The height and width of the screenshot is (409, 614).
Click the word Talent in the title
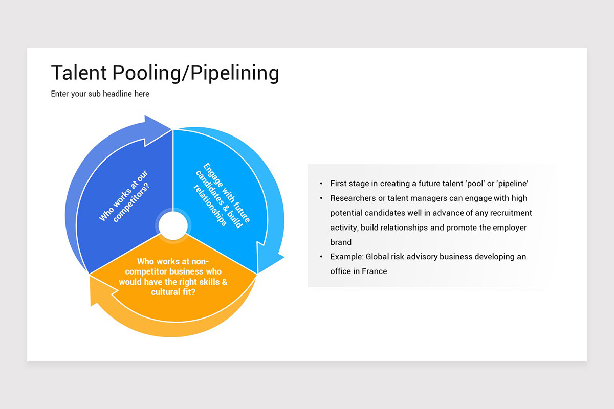pos(78,73)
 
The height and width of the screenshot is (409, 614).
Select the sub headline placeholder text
pos(100,94)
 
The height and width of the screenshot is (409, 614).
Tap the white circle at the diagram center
pos(173,225)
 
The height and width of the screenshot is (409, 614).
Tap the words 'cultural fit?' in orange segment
pos(173,292)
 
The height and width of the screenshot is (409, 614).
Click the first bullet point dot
pos(321,183)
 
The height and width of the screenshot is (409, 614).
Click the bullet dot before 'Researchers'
pos(321,198)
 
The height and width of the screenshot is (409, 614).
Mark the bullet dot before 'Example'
pos(321,257)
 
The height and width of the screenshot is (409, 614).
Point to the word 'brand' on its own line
pos(341,242)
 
